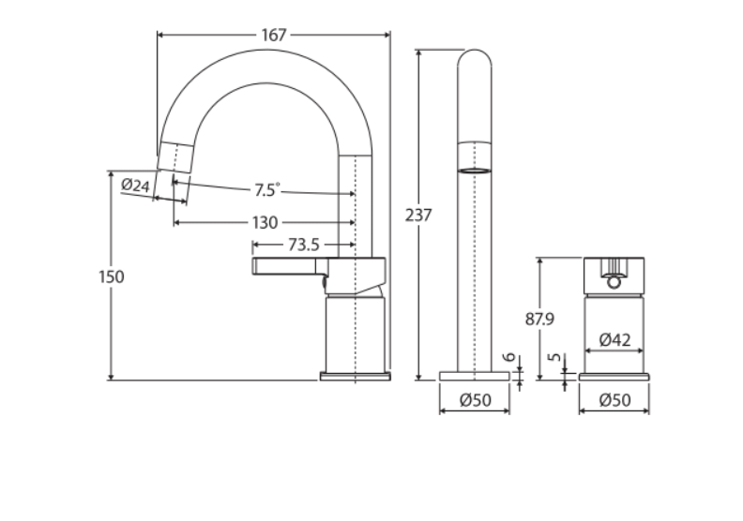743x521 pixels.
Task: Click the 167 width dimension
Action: pyautogui.click(x=274, y=36)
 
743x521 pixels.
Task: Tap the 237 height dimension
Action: pyautogui.click(x=418, y=215)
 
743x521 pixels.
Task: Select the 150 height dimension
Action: pyautogui.click(x=111, y=276)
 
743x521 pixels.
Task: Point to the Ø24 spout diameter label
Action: pyautogui.click(x=136, y=186)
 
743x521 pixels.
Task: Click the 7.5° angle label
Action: pyautogui.click(x=266, y=190)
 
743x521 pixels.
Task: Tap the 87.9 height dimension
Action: pyautogui.click(x=539, y=319)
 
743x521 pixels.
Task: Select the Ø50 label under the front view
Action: pyautogui.click(x=476, y=400)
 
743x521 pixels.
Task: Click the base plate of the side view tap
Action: pyautogui.click(x=355, y=377)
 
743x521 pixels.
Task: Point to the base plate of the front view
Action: pyautogui.click(x=476, y=376)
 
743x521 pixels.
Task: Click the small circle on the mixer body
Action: pyautogui.click(x=614, y=280)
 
